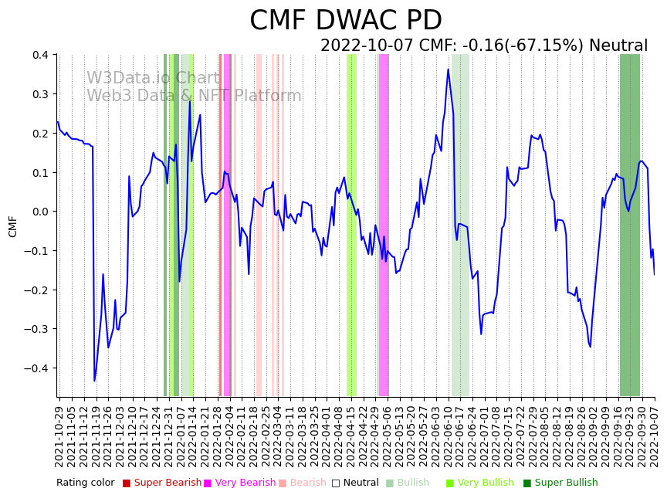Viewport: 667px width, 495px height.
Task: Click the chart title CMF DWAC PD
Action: click(x=345, y=21)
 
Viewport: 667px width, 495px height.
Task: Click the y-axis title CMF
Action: click(x=12, y=226)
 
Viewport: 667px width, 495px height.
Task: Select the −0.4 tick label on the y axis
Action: click(x=36, y=368)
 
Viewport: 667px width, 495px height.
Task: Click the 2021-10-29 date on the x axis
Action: click(x=59, y=432)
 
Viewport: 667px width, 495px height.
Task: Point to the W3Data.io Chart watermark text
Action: click(x=153, y=79)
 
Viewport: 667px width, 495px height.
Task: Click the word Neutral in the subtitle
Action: click(x=618, y=46)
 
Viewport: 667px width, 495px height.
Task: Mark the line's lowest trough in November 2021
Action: click(x=95, y=381)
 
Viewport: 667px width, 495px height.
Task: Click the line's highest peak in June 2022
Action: click(x=448, y=70)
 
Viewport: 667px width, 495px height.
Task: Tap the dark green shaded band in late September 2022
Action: click(x=630, y=224)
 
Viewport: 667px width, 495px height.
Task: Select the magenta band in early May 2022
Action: click(x=383, y=224)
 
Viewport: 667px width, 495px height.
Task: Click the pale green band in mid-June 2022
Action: click(x=460, y=224)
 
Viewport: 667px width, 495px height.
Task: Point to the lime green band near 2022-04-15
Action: click(x=351, y=224)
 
